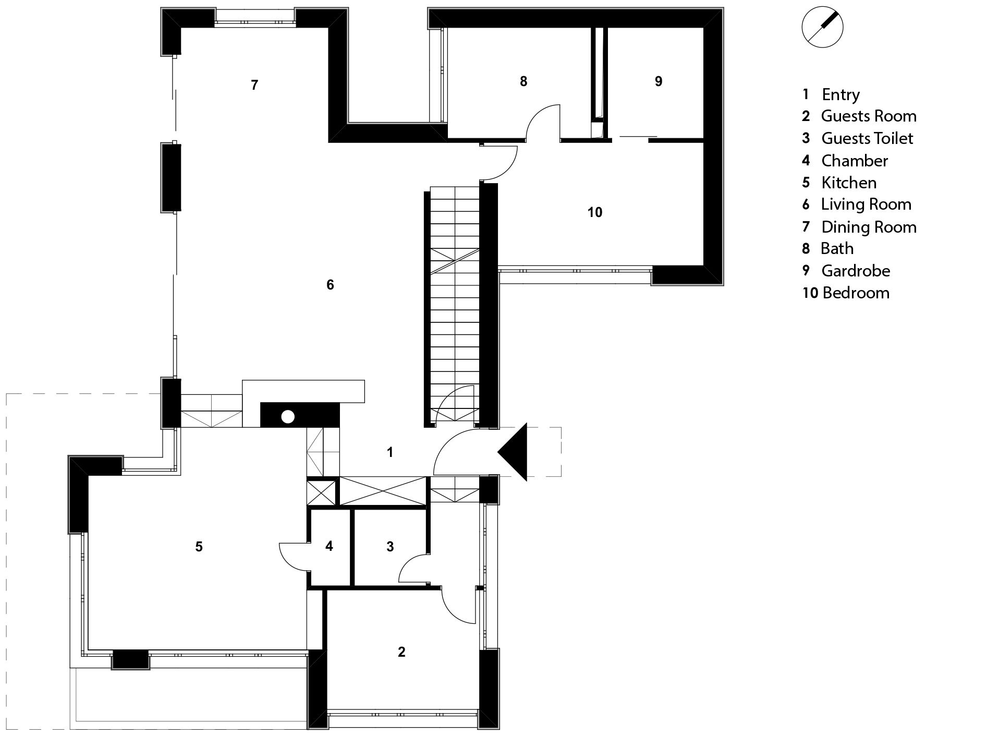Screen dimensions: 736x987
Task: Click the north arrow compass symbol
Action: [x=822, y=27]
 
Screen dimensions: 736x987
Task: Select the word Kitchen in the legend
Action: [x=849, y=183]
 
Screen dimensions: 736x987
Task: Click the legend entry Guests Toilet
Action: [x=867, y=138]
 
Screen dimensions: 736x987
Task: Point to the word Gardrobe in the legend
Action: [x=856, y=271]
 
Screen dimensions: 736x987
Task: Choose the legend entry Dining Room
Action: [x=869, y=227]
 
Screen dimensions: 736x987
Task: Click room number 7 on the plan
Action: [x=254, y=85]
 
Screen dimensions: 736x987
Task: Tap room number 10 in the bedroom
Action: [x=595, y=212]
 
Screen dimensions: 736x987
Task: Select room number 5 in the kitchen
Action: [x=199, y=547]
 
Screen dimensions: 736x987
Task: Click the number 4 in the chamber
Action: [x=329, y=546]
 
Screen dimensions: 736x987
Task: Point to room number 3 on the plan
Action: [x=390, y=547]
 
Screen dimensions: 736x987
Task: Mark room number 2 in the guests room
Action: [x=401, y=651]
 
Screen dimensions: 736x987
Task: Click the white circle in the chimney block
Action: [x=288, y=417]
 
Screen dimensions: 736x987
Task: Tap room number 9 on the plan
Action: [x=659, y=81]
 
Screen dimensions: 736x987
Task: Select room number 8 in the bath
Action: [x=523, y=81]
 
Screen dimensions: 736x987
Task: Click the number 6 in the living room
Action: [x=330, y=285]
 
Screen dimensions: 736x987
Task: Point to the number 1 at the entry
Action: [x=390, y=452]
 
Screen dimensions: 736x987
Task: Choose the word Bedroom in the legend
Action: [x=856, y=293]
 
